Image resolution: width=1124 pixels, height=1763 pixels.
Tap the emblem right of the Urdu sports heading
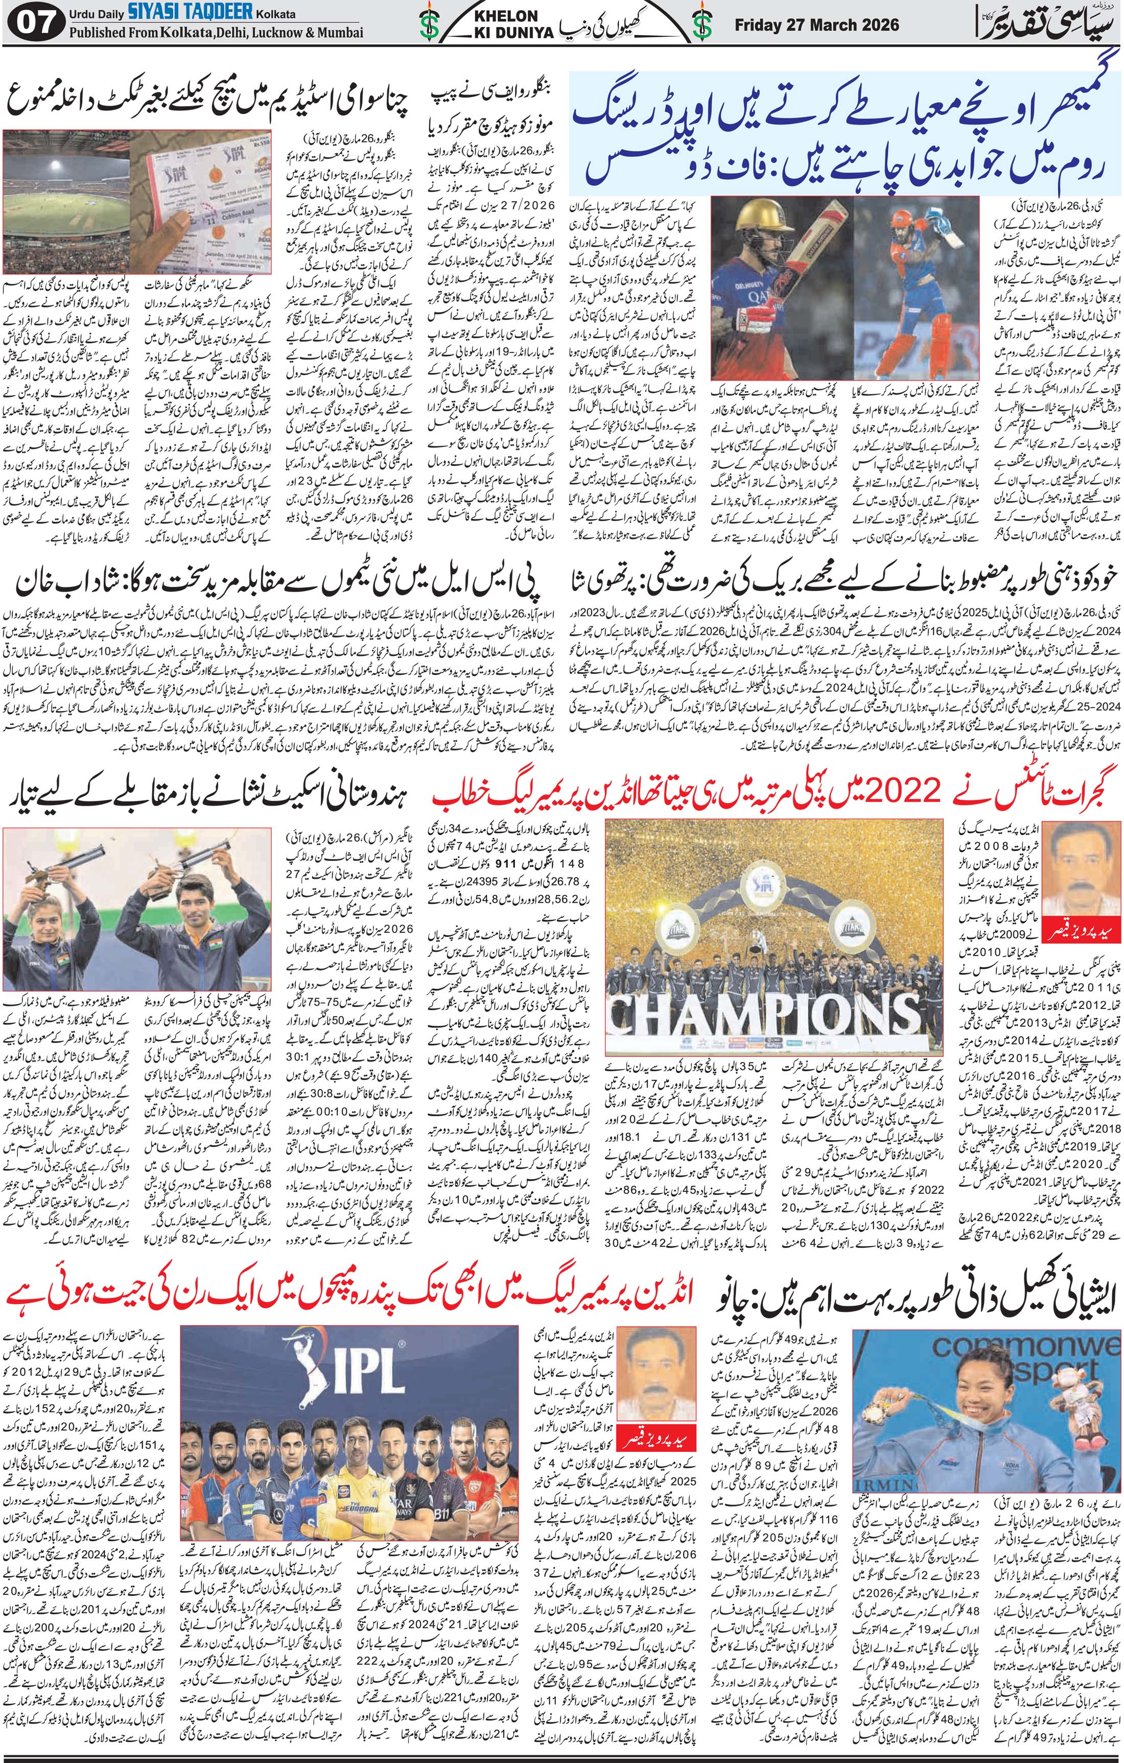click(x=703, y=24)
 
